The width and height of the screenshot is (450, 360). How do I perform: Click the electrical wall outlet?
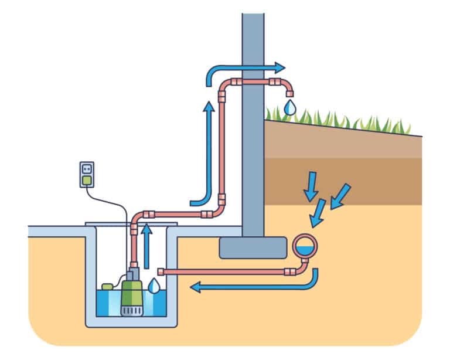(x=87, y=174)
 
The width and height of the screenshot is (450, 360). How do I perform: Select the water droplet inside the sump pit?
(x=154, y=286)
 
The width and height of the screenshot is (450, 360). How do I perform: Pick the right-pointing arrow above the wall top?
(x=246, y=67)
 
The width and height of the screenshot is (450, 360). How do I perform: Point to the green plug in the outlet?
(x=87, y=181)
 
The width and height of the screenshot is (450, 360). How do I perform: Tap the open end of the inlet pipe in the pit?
(x=161, y=271)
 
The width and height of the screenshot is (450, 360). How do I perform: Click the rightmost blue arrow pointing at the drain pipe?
(x=340, y=196)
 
